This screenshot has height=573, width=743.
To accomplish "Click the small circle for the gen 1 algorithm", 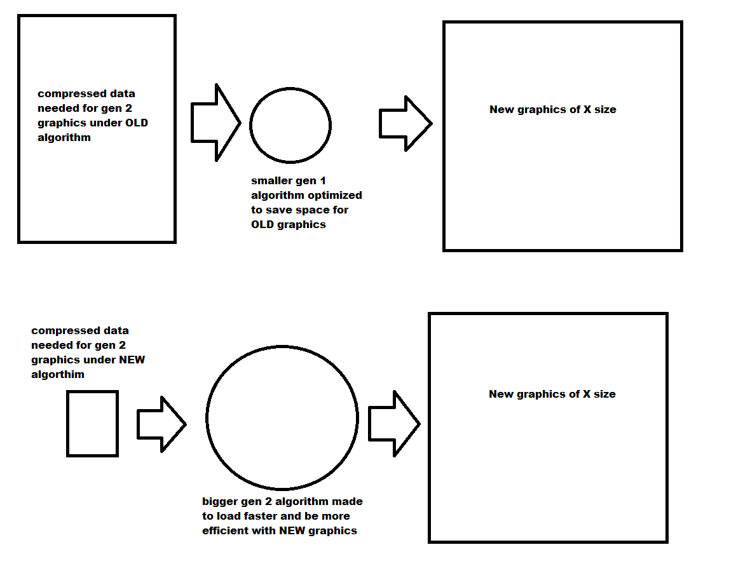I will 290,125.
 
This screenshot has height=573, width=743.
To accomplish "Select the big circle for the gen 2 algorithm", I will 282,418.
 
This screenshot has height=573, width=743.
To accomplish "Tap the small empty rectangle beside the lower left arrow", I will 92,424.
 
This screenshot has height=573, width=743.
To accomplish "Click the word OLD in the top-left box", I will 137,123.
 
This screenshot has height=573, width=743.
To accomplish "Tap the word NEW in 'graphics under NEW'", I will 132,360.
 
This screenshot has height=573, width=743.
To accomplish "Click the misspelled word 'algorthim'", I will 58,374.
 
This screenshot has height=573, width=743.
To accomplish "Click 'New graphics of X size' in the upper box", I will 552,109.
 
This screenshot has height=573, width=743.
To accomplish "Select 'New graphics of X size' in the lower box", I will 552,394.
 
